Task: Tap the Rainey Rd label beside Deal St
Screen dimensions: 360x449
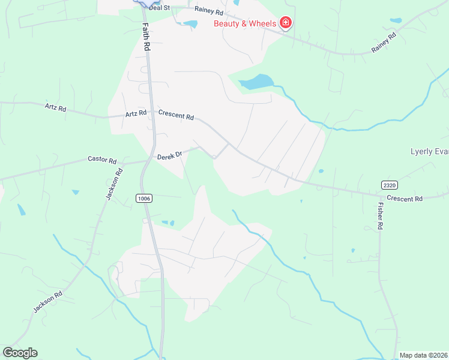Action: [208, 11]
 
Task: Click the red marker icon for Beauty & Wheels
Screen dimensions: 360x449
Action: [286, 23]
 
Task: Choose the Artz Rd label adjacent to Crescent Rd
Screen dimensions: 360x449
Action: [136, 113]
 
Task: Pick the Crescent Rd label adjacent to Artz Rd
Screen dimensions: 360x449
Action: [176, 115]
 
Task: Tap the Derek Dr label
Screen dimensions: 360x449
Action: [169, 156]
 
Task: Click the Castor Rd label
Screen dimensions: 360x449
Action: [102, 160]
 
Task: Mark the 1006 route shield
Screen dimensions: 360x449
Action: [144, 198]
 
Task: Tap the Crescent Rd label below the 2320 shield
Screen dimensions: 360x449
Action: [405, 198]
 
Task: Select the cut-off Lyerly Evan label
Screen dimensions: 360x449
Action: [429, 151]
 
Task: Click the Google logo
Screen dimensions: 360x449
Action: [20, 353]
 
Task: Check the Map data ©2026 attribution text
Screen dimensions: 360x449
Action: [423, 355]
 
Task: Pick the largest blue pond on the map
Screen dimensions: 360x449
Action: [256, 82]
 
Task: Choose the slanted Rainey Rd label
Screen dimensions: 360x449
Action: [384, 43]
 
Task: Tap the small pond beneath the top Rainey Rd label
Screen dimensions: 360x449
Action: [191, 25]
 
